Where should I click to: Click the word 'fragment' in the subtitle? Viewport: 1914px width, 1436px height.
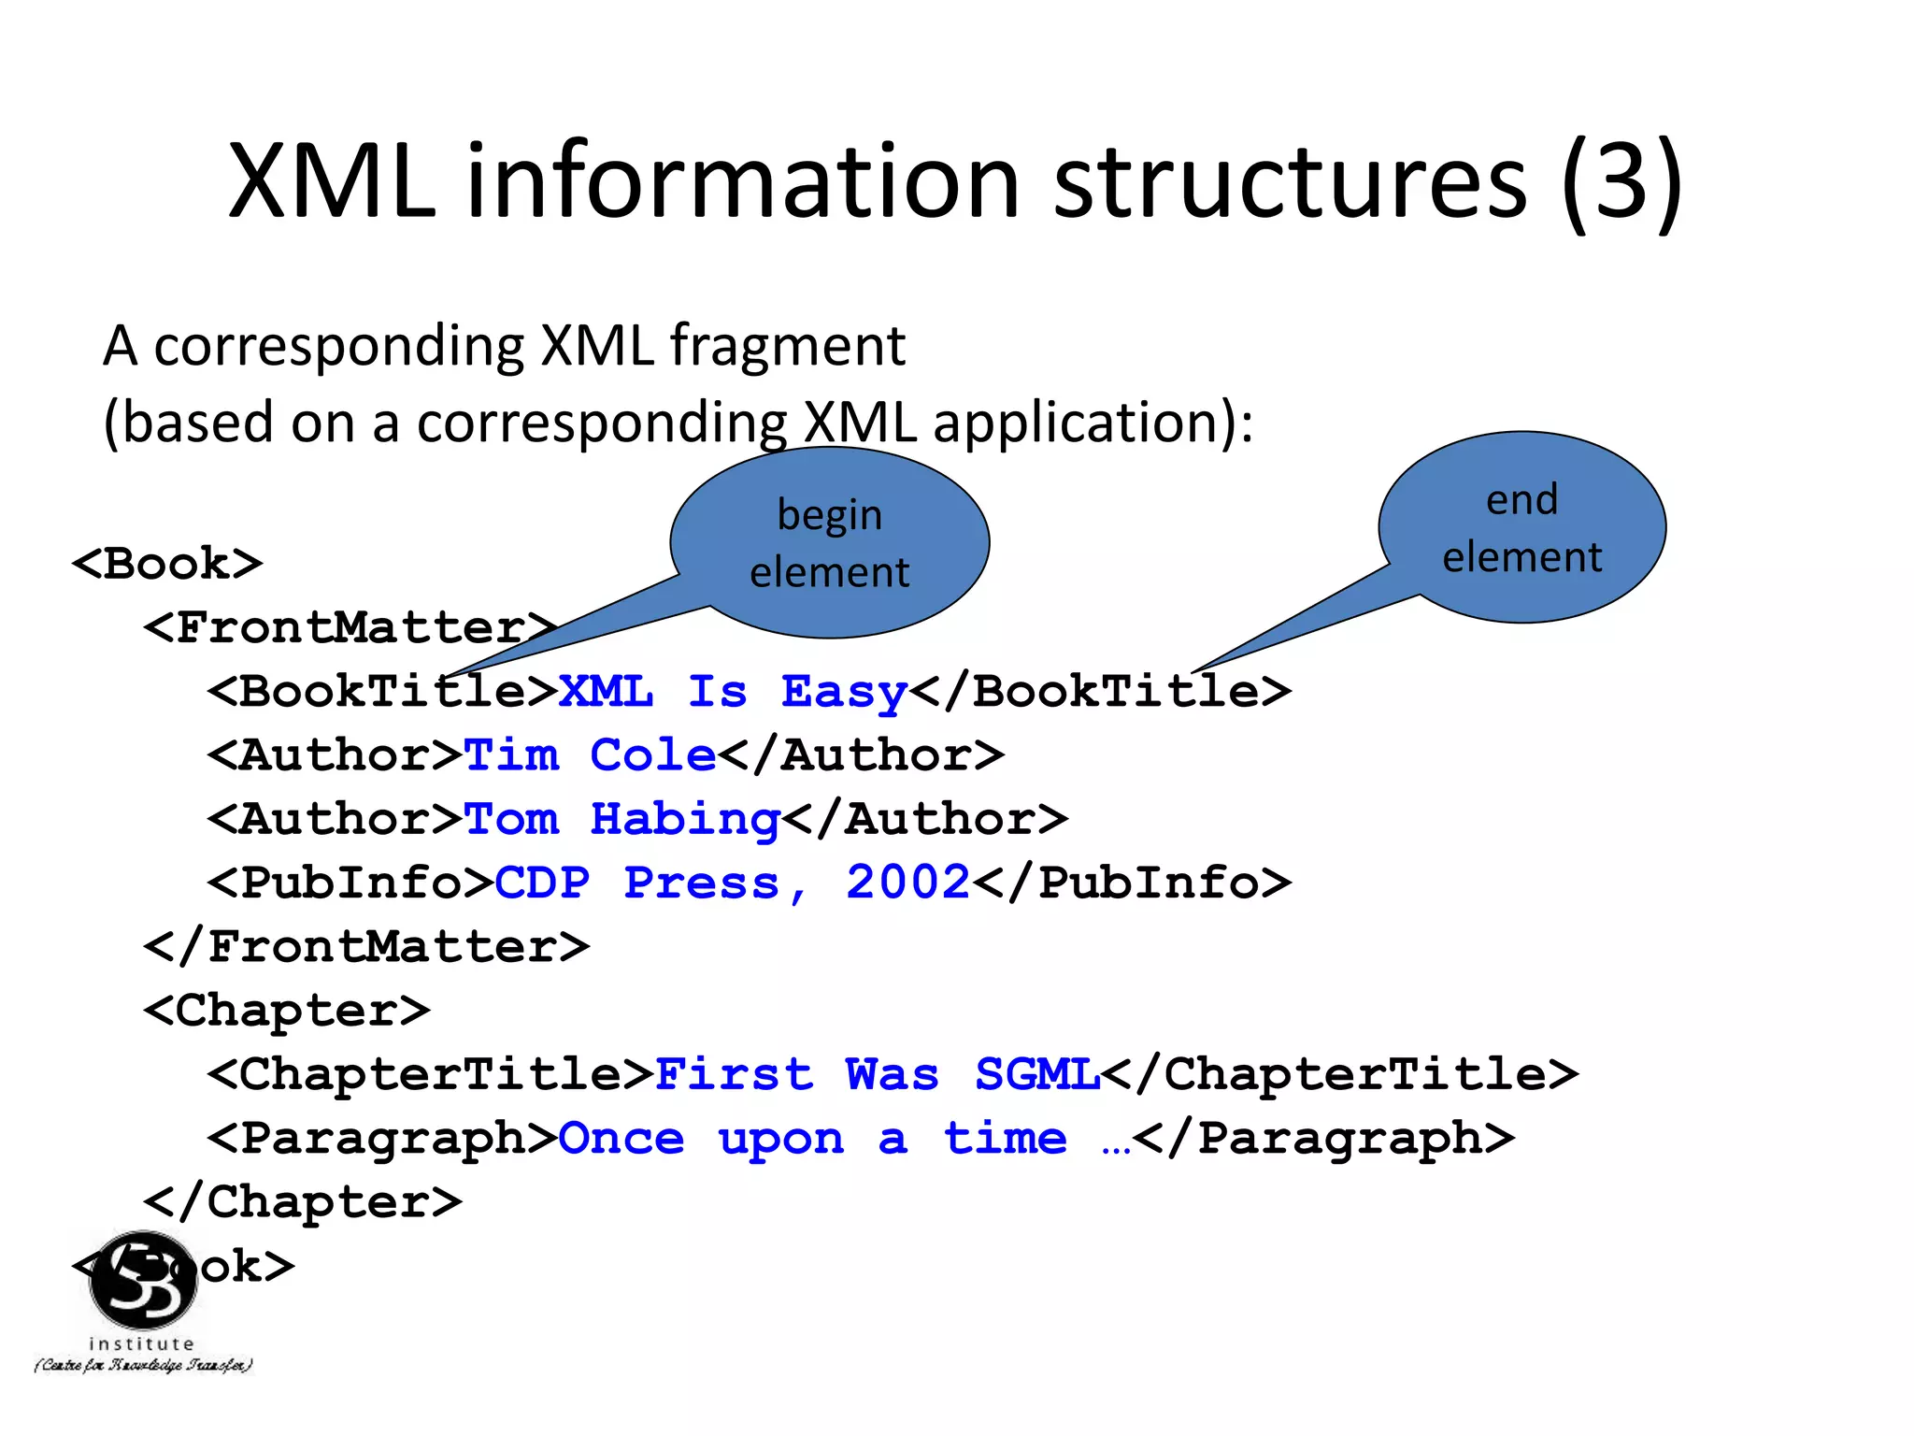tap(787, 347)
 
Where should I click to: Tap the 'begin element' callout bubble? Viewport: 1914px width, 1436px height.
tap(830, 542)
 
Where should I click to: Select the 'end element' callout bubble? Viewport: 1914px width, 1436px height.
tap(1521, 527)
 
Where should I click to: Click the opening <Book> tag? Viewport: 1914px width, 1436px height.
tap(167, 564)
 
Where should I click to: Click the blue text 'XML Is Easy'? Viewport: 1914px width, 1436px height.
tap(733, 693)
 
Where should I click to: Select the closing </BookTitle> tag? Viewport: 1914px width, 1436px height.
tap(1101, 692)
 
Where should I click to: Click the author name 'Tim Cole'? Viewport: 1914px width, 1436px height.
tap(590, 755)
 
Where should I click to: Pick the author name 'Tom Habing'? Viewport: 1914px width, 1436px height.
tap(621, 820)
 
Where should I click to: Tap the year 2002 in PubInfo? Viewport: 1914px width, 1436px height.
tap(907, 883)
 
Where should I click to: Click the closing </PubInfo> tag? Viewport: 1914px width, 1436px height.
tap(1132, 883)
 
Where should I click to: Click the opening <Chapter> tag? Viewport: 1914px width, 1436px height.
tap(287, 1011)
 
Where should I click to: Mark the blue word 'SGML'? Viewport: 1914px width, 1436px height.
tap(1036, 1075)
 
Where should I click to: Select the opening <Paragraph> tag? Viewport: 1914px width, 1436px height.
tap(382, 1139)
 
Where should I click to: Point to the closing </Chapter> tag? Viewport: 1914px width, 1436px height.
tap(303, 1202)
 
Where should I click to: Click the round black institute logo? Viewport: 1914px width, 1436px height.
tap(143, 1280)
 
